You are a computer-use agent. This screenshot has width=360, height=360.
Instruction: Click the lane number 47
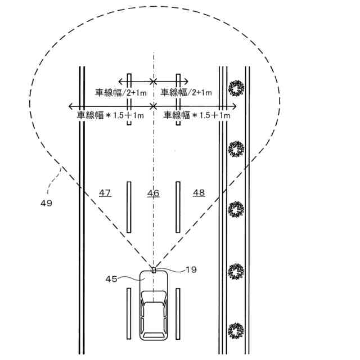click(105, 193)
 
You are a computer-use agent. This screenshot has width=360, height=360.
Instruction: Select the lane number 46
click(153, 193)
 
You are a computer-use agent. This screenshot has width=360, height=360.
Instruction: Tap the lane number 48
click(199, 193)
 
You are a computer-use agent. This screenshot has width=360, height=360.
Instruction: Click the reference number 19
click(191, 269)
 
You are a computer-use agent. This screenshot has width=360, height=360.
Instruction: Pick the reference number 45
click(112, 278)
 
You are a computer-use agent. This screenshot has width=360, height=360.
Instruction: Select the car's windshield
click(153, 296)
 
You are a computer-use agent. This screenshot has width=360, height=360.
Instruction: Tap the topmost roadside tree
click(236, 87)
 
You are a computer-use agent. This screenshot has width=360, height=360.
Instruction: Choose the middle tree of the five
click(236, 210)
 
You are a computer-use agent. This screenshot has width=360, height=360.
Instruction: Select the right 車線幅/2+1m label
click(186, 92)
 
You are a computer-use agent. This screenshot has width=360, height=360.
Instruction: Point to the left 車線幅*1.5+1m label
click(111, 115)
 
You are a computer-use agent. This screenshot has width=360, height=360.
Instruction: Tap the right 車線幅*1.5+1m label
click(197, 115)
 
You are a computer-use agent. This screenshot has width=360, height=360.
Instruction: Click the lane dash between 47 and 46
click(129, 206)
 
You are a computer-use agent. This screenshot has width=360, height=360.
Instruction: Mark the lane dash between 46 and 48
click(177, 206)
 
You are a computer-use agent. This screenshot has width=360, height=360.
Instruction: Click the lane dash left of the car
click(129, 312)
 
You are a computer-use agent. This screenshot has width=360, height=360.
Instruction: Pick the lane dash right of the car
click(177, 312)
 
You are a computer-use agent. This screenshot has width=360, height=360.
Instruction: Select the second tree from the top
click(236, 149)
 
